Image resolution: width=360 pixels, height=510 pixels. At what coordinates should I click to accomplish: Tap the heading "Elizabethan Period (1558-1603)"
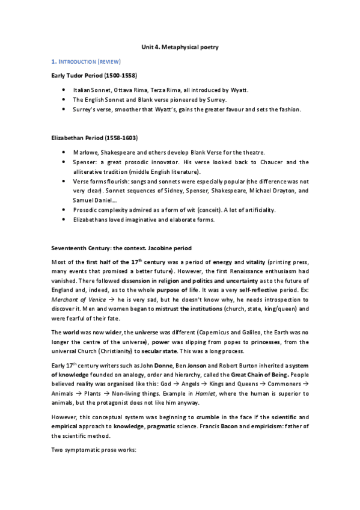pyautogui.click(x=93, y=138)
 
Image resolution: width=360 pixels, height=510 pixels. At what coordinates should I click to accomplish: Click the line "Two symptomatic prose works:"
pyautogui.click(x=90, y=450)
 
